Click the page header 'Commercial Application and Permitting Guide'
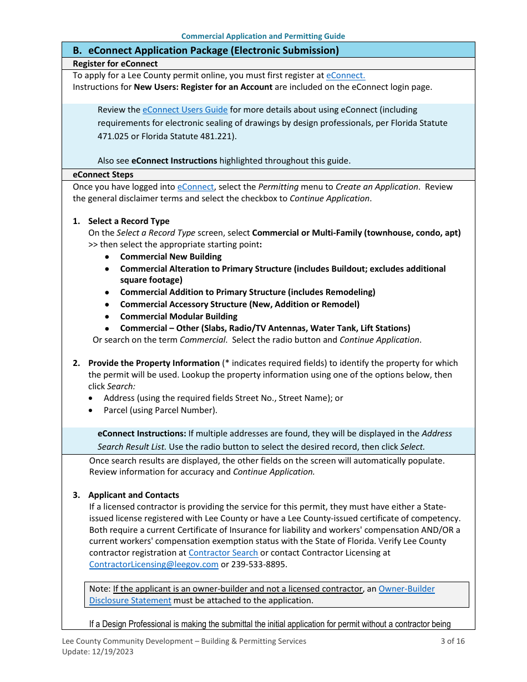coord(263,36)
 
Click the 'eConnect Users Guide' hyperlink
coord(185,110)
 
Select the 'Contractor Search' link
coord(223,553)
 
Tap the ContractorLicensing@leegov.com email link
coord(154,564)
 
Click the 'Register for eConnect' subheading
coord(115,64)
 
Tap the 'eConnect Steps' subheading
coord(103,175)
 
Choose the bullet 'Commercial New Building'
coord(171,257)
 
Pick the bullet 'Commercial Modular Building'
coord(179,317)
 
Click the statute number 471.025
coord(113,136)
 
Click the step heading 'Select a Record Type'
coord(129,221)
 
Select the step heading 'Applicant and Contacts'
coord(134,495)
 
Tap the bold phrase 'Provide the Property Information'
coord(154,363)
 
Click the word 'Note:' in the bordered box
coord(100,589)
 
